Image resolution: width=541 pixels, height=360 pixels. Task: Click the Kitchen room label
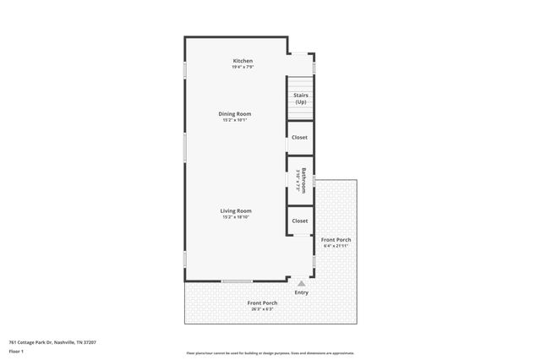coord(243,61)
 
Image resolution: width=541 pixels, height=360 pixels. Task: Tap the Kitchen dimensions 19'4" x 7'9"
coord(243,67)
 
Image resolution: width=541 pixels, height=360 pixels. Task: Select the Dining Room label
coord(236,113)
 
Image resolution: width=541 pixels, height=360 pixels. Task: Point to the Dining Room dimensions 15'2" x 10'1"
coord(236,120)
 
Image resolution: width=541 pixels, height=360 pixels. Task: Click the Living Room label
coord(237,210)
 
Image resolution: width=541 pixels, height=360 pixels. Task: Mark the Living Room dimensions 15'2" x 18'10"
coord(237,217)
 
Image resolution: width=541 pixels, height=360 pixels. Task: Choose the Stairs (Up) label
coord(300,98)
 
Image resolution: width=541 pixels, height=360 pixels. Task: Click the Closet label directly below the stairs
coord(300,137)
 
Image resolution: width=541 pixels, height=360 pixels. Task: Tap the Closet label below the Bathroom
coord(300,221)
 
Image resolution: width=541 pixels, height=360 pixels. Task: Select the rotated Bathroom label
coord(299,178)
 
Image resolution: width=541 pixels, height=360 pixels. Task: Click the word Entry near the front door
coord(302,292)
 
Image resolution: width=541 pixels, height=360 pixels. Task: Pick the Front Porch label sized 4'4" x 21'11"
coord(336,239)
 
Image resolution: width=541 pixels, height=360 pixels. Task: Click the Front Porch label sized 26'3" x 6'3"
coord(262,303)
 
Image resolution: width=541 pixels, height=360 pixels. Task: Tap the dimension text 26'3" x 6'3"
coord(262,309)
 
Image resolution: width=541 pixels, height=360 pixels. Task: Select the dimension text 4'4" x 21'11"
coord(336,246)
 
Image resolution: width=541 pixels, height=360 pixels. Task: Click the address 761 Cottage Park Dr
coord(52,342)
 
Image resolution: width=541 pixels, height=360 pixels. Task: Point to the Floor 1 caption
coord(16,351)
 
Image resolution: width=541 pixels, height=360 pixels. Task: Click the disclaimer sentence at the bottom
coord(270,353)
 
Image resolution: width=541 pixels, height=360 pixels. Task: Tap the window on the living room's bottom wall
coord(237,281)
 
